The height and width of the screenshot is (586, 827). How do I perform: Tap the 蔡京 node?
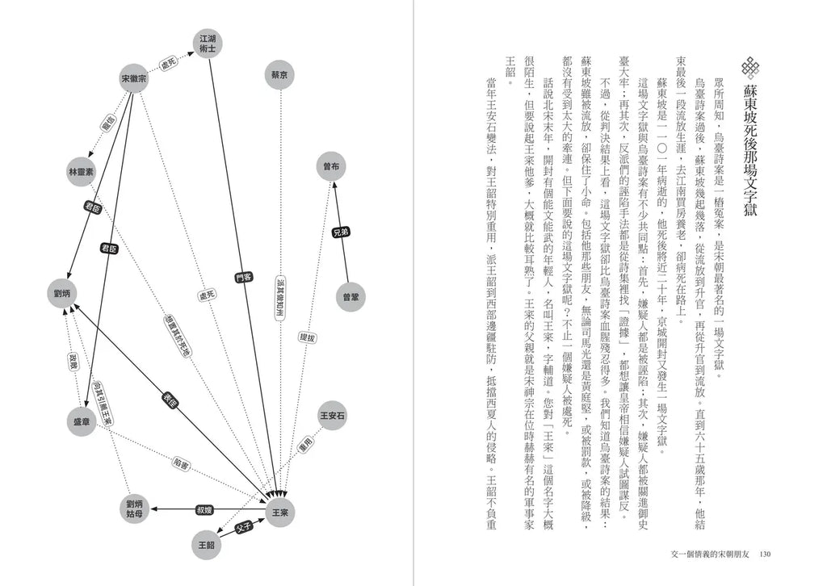tap(280, 74)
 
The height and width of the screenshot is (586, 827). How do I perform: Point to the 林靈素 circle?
tap(82, 172)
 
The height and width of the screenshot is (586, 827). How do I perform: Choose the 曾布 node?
tap(330, 165)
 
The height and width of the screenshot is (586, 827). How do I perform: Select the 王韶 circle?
tap(205, 544)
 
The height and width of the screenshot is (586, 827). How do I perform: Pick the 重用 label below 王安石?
tap(304, 445)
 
